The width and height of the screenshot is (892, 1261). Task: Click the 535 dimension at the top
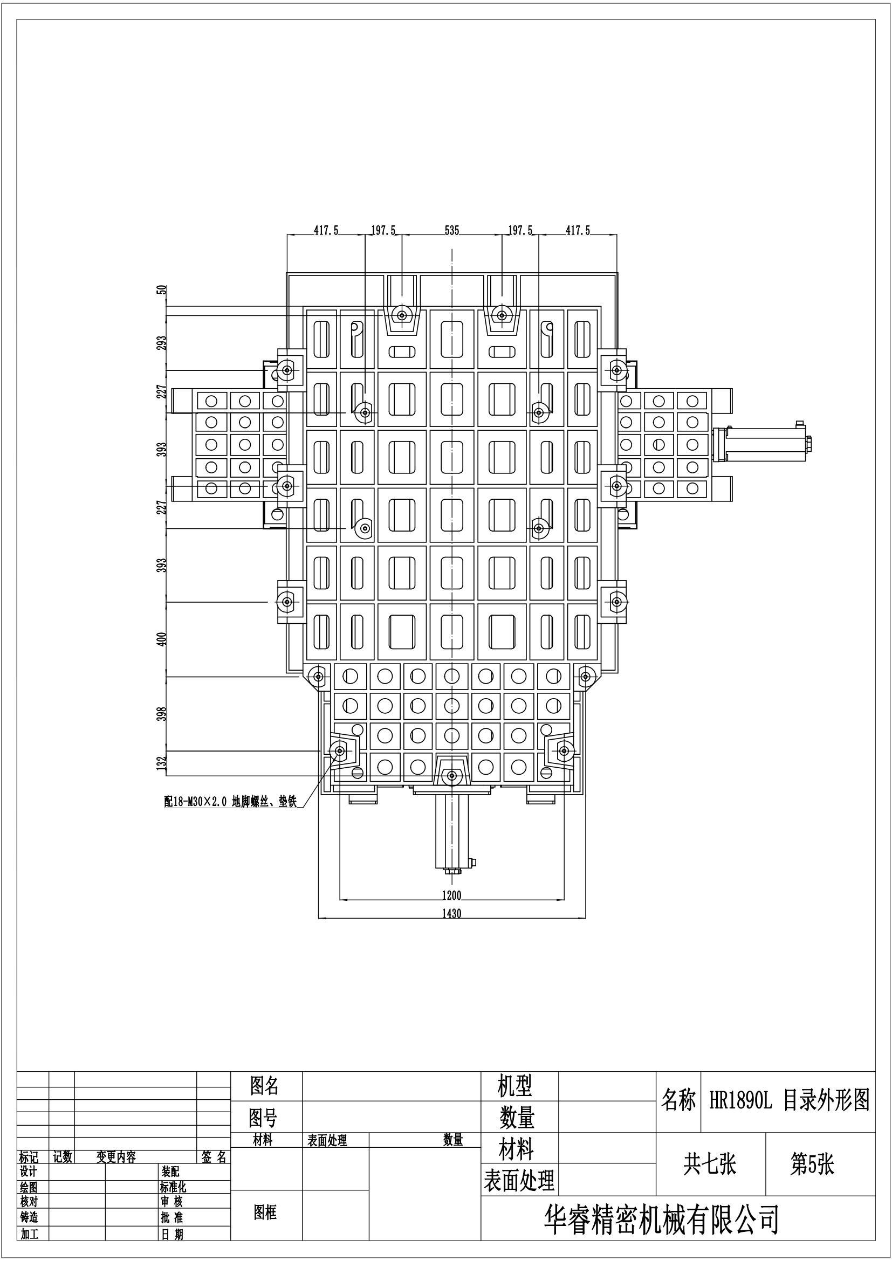pyautogui.click(x=451, y=231)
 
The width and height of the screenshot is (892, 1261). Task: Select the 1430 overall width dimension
pyautogui.click(x=451, y=914)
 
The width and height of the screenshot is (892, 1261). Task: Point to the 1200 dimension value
pyautogui.click(x=451, y=896)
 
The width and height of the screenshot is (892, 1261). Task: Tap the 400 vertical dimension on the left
pyautogui.click(x=162, y=639)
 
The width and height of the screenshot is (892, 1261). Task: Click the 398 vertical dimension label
pyautogui.click(x=162, y=714)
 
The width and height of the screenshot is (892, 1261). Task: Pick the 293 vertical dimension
pyautogui.click(x=162, y=343)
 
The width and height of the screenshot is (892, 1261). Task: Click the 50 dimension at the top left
pyautogui.click(x=162, y=290)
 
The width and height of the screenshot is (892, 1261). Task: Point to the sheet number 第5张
pyautogui.click(x=812, y=1165)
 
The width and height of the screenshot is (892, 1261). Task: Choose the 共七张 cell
pyautogui.click(x=710, y=1165)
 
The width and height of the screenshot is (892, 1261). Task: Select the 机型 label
pyautogui.click(x=514, y=1086)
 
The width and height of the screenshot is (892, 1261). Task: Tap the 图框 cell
pyautogui.click(x=265, y=1212)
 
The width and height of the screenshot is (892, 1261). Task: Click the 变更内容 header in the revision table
pyautogui.click(x=116, y=1157)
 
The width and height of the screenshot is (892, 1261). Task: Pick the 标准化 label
pyautogui.click(x=173, y=1187)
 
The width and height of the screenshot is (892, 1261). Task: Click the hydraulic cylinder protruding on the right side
pyautogui.click(x=764, y=443)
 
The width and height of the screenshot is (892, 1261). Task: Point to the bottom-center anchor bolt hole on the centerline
pyautogui.click(x=451, y=775)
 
